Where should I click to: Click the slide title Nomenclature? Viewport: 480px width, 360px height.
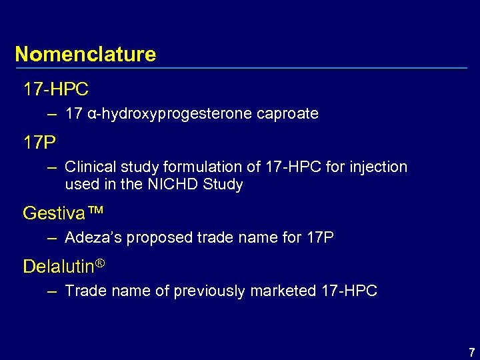point(85,54)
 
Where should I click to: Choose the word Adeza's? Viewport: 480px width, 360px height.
point(92,238)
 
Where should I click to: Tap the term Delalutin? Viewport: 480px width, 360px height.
point(59,267)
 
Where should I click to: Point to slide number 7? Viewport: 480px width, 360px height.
point(471,352)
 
